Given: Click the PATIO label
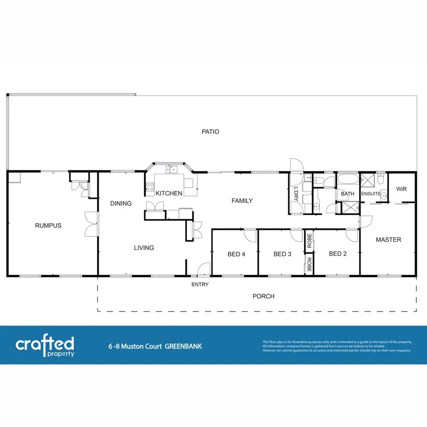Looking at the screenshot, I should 210,131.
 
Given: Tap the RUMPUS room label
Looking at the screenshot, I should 48,226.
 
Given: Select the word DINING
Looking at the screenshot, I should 121,204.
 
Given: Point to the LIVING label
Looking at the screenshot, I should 143,248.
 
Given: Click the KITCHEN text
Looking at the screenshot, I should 169,193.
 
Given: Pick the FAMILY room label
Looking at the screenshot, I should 242,201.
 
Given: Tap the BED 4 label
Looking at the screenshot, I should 236,254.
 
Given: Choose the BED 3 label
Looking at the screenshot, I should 282,254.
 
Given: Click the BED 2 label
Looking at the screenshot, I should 338,254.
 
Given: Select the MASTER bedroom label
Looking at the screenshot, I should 388,240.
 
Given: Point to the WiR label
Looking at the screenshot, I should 401,189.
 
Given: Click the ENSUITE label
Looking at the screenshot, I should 371,194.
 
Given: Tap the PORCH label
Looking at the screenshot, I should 263,296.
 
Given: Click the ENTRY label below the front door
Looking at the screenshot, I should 200,285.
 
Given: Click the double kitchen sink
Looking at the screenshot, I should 171,169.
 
